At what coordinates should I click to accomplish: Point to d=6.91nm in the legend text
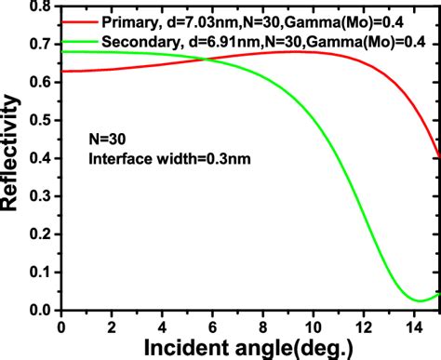point(240,42)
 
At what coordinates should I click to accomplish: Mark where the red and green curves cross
point(208,60)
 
